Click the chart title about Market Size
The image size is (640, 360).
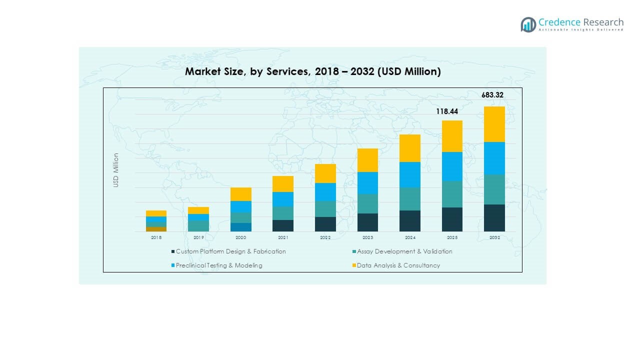(x=312, y=71)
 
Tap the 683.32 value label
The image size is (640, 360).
(x=492, y=95)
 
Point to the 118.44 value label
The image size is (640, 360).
(x=446, y=111)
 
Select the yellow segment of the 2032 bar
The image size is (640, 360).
(x=494, y=124)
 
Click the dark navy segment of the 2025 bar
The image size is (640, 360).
(x=452, y=219)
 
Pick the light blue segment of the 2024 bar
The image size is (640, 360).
(x=409, y=174)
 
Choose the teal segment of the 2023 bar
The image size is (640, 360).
(x=367, y=203)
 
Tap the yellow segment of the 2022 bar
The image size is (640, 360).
(x=325, y=173)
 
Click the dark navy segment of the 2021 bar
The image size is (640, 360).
(x=283, y=225)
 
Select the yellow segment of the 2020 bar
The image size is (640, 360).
(x=240, y=194)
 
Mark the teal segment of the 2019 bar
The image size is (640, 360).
(x=198, y=225)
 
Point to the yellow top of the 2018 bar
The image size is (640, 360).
(x=156, y=213)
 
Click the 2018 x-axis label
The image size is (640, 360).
(x=156, y=238)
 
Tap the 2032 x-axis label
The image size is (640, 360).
(x=494, y=238)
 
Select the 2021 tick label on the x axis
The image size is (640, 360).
(x=283, y=238)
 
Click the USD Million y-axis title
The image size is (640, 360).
(x=116, y=170)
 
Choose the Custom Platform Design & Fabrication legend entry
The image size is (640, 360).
(x=230, y=251)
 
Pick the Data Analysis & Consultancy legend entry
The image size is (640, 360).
(x=398, y=265)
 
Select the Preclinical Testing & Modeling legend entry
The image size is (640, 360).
(x=218, y=265)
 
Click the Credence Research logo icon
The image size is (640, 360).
(x=528, y=24)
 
